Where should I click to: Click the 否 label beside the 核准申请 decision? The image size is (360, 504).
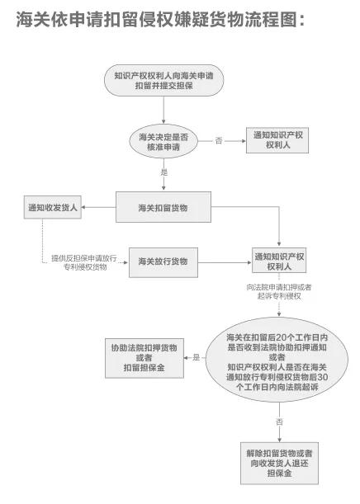[219, 141]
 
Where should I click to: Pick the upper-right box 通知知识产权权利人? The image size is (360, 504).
[282, 140]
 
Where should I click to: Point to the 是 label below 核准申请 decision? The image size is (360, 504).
[163, 172]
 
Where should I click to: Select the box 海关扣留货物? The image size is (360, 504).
[163, 207]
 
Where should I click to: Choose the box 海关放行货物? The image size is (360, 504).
[163, 262]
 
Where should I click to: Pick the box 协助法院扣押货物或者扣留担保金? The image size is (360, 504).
[148, 357]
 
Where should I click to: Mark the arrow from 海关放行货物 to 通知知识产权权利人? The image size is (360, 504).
[225, 263]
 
